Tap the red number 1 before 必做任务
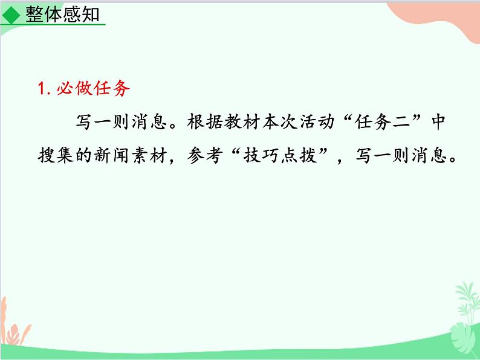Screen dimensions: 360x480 [x=41, y=89]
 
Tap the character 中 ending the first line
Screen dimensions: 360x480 [x=438, y=122]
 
